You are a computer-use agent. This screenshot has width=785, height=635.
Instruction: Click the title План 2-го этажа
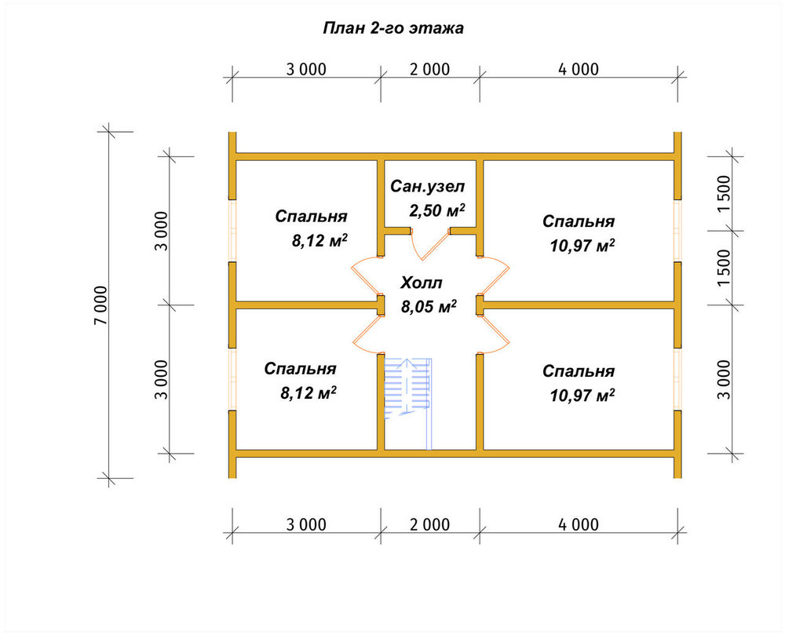393,28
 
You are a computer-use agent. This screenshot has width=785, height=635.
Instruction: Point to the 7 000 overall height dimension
100,305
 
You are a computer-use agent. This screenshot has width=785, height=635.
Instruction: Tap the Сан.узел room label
428,187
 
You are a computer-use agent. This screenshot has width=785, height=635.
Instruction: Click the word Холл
421,283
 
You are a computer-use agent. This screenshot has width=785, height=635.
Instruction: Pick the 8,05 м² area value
429,306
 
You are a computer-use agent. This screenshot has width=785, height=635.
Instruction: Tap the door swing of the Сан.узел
429,244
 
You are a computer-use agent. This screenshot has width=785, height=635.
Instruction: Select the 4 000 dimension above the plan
579,69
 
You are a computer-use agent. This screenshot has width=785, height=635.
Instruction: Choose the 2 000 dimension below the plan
429,524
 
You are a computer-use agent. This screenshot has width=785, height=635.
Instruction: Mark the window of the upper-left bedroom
232,231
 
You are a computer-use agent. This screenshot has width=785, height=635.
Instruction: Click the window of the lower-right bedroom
677,379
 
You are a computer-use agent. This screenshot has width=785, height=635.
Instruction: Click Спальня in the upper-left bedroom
311,217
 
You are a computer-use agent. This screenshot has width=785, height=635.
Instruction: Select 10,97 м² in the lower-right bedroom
582,396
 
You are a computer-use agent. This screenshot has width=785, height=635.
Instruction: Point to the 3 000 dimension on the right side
725,379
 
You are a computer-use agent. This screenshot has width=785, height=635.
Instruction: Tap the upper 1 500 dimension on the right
725,194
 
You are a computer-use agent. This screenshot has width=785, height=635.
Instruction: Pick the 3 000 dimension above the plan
306,69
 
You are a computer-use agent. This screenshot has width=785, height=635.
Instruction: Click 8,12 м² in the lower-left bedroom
308,392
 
